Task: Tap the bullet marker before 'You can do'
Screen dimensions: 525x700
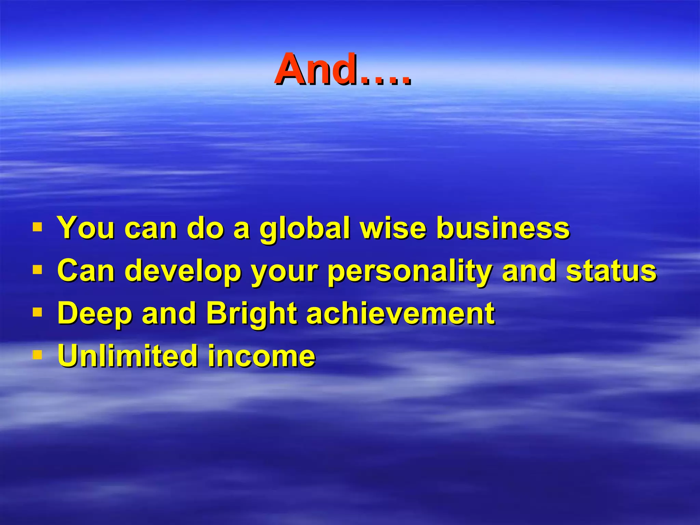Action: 37,227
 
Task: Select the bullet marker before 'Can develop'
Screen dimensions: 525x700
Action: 37,270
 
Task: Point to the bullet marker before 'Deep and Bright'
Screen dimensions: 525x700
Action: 37,312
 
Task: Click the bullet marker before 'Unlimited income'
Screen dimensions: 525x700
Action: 37,355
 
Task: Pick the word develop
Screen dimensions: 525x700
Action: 183,271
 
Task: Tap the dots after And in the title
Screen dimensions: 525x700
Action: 385,81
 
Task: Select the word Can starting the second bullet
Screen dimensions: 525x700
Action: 86,271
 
